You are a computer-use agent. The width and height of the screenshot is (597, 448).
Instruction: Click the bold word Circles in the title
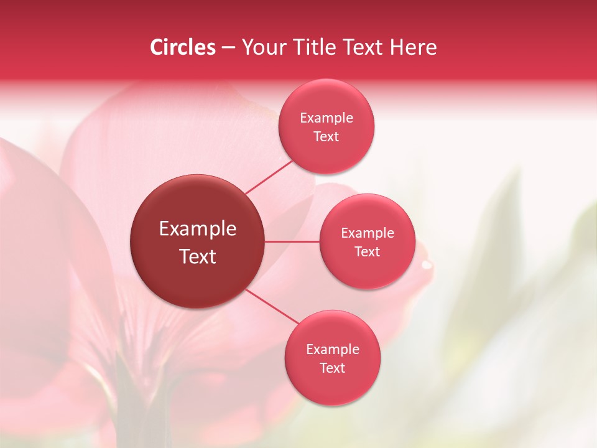tap(182, 47)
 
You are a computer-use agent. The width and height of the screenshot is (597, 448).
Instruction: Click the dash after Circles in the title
tap(228, 48)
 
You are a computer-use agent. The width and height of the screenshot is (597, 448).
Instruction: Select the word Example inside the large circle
tap(198, 229)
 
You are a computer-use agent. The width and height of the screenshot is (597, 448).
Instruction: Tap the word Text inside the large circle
tap(198, 256)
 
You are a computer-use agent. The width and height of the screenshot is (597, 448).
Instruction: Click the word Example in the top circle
tap(326, 118)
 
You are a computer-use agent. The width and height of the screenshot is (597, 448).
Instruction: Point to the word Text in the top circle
tap(326, 137)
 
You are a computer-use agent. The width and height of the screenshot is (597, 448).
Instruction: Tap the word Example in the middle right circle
tap(368, 233)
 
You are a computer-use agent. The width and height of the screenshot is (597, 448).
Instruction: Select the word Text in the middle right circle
tap(368, 252)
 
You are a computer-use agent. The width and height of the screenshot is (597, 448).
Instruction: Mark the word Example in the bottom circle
tap(332, 350)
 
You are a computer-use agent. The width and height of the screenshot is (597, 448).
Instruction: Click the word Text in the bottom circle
tap(332, 368)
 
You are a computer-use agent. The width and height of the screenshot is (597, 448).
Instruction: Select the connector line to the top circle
tap(269, 177)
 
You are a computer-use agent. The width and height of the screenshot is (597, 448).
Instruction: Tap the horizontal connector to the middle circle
tap(292, 241)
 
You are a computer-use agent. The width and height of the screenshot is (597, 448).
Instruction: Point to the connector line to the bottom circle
tap(272, 307)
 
